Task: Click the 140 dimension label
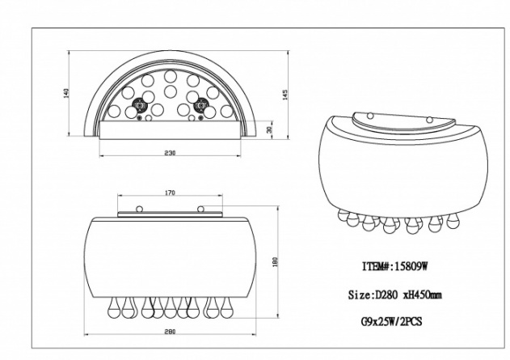tap(66, 93)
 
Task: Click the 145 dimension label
tap(285, 95)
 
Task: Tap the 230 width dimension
tap(170, 153)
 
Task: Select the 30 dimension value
tap(269, 130)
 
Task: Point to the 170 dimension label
tap(170, 193)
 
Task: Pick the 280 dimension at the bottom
tap(170, 332)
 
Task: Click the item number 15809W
tap(411, 267)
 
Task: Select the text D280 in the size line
tap(386, 295)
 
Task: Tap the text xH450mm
tap(423, 295)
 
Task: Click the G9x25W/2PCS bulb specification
tap(392, 322)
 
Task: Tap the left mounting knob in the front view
tap(139, 209)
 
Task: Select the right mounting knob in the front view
tap(200, 209)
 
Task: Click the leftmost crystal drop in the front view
tap(113, 307)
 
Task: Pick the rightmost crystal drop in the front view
tap(226, 307)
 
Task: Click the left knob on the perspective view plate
tap(370, 115)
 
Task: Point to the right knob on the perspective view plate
tap(429, 120)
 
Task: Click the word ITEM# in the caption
tap(377, 267)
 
